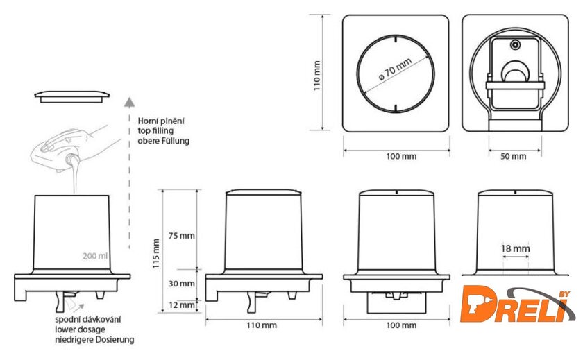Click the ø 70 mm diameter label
(x=395, y=69)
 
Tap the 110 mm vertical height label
(x=316, y=76)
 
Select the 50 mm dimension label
(x=513, y=156)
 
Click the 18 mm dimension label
(x=515, y=248)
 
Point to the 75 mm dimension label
(x=181, y=236)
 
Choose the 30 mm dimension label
(x=181, y=284)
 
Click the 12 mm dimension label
(x=181, y=305)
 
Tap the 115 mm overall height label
(x=156, y=253)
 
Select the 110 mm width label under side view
(x=262, y=325)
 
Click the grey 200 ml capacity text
(x=95, y=256)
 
